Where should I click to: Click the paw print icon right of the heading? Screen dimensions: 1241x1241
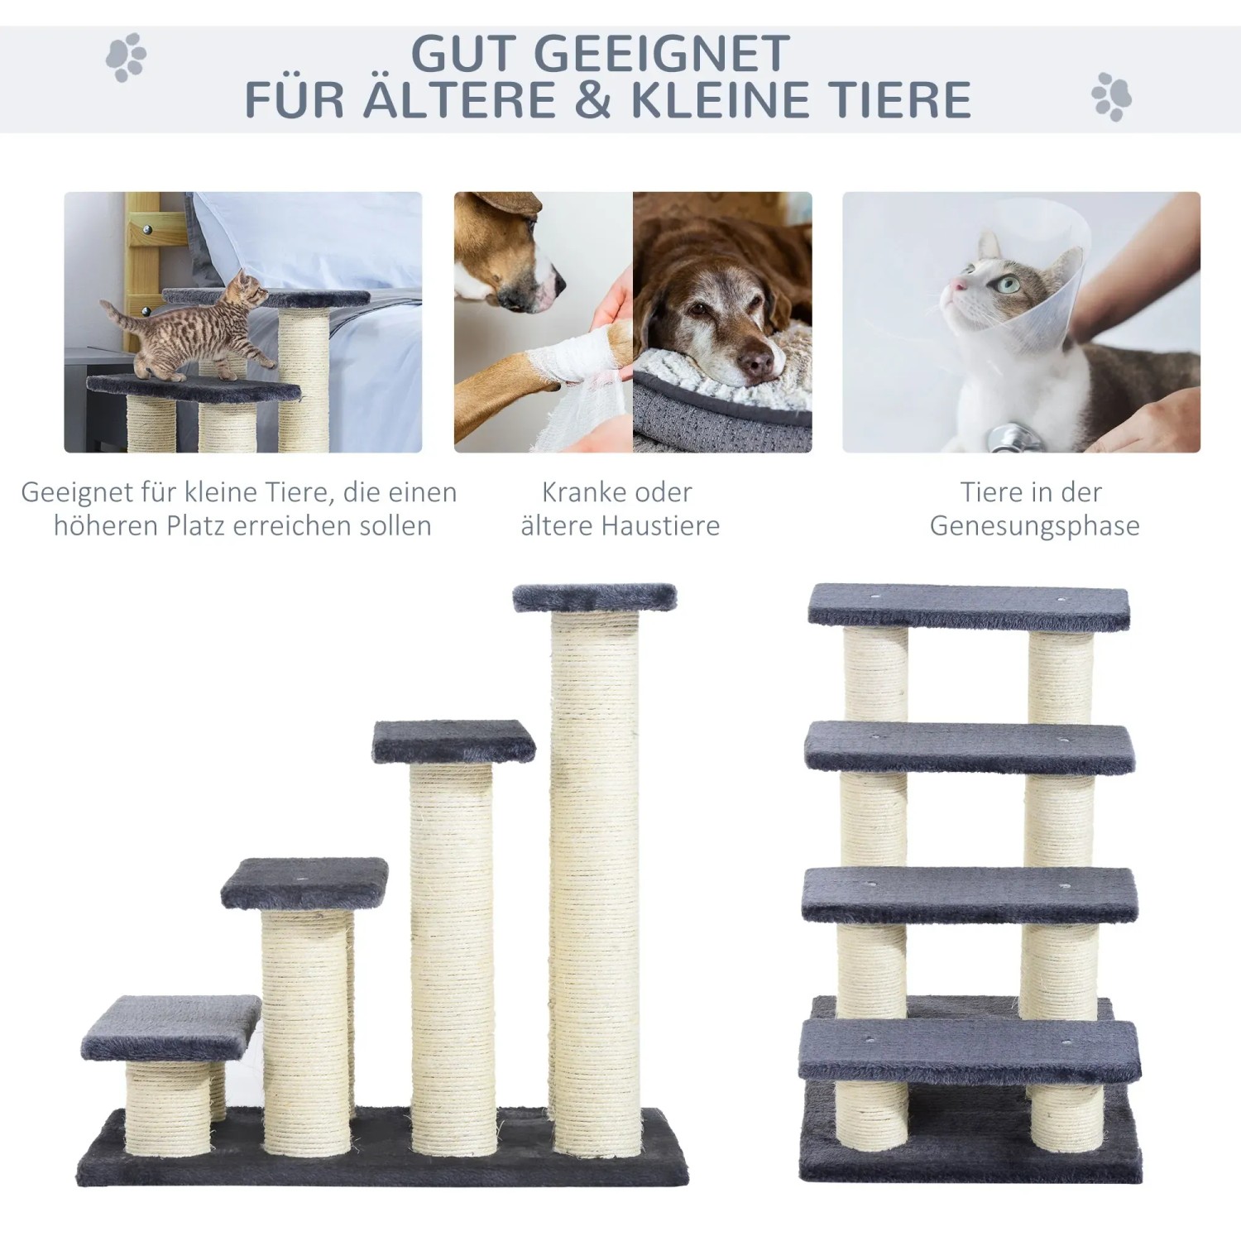coord(1111,97)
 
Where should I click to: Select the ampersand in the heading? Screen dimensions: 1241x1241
coord(591,99)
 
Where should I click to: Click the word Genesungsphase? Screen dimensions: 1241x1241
coord(1034,526)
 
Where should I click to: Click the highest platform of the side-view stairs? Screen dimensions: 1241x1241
coord(594,597)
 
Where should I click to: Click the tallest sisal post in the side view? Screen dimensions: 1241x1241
coord(596,869)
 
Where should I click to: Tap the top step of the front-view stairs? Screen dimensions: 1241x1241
coord(969,607)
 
